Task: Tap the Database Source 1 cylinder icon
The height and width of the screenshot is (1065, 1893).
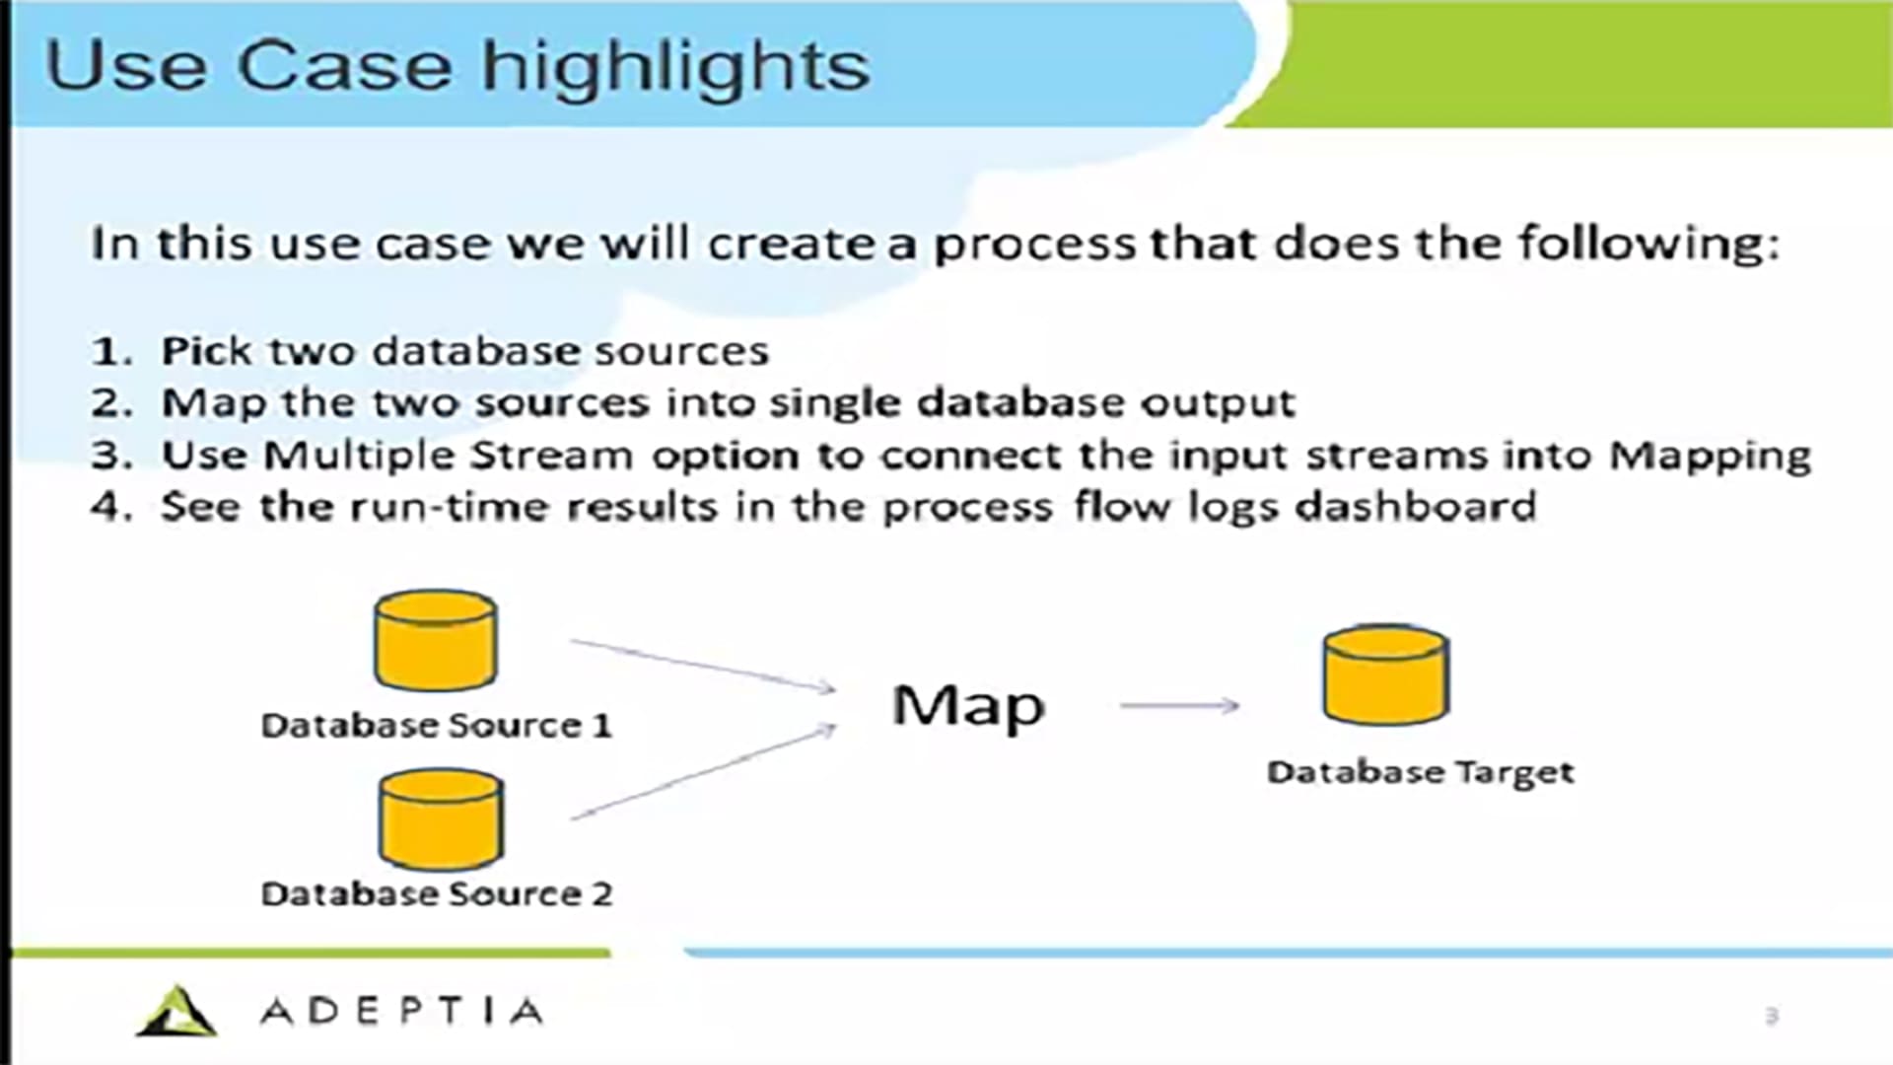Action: (x=435, y=640)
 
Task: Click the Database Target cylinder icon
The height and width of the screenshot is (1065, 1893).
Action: (x=1385, y=675)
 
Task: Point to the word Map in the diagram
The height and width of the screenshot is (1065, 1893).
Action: (x=967, y=707)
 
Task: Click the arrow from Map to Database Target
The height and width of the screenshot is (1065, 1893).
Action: (x=1179, y=705)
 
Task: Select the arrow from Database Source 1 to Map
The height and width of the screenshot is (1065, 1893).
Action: (x=703, y=665)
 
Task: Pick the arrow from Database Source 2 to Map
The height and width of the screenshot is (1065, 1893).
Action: (x=703, y=773)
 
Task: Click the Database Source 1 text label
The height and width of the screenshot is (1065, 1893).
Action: (x=436, y=726)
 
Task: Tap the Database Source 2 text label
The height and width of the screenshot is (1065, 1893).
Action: (x=436, y=894)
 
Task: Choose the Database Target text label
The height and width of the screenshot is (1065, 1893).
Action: (x=1420, y=772)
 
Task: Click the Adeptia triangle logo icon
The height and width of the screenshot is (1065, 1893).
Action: (x=175, y=1012)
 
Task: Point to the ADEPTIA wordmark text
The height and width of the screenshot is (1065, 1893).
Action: (x=401, y=1012)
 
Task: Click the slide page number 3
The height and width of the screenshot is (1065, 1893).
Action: (x=1772, y=1016)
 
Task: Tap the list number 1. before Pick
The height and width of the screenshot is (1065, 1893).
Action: (x=111, y=352)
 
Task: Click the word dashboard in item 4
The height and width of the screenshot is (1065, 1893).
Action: (x=1415, y=507)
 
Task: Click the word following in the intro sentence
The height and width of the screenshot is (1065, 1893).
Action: (x=1648, y=244)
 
